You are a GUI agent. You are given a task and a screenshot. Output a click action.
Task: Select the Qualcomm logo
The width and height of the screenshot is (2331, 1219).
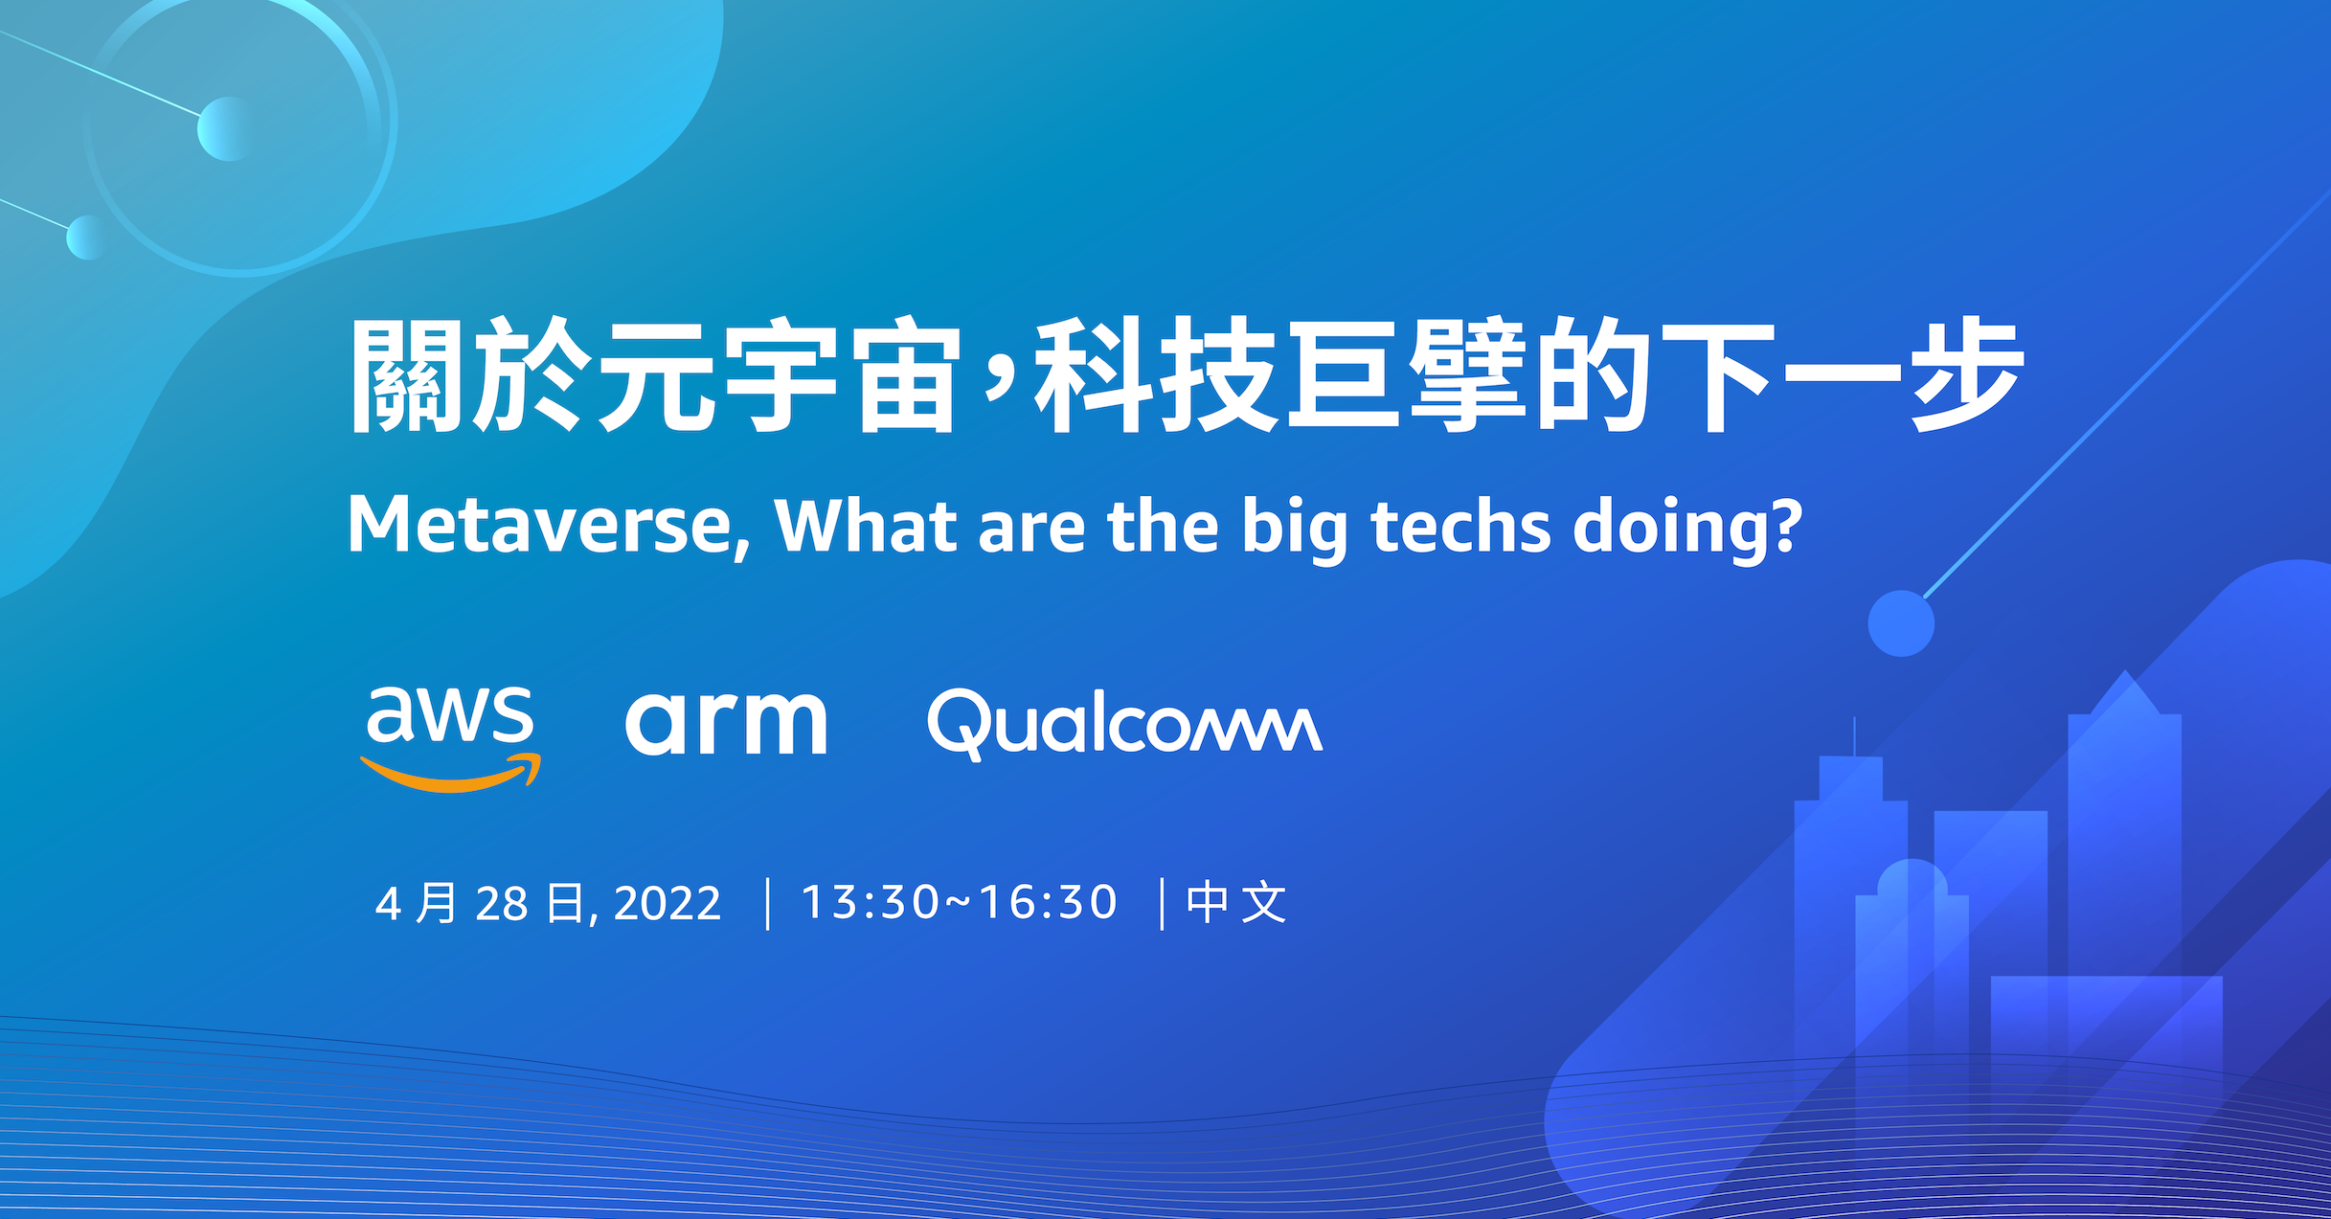(x=1125, y=725)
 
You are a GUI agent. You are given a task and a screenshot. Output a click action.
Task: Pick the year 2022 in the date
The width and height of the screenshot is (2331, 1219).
(x=668, y=904)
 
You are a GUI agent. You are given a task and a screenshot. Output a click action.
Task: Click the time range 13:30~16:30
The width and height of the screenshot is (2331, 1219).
(x=960, y=902)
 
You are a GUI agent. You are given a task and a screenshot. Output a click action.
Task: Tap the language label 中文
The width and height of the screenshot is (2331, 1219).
(x=1236, y=903)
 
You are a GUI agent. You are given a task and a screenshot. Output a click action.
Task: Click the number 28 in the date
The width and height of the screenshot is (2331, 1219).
(x=502, y=904)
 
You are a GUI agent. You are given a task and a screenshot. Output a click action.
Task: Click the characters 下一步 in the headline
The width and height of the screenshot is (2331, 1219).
(x=1844, y=375)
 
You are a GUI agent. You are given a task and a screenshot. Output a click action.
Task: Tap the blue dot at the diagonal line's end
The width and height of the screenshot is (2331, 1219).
(x=1901, y=623)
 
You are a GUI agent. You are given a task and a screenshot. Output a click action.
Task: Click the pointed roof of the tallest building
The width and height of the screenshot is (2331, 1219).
(x=2126, y=691)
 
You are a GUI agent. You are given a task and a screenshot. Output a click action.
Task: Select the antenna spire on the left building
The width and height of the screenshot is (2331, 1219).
(x=1855, y=737)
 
